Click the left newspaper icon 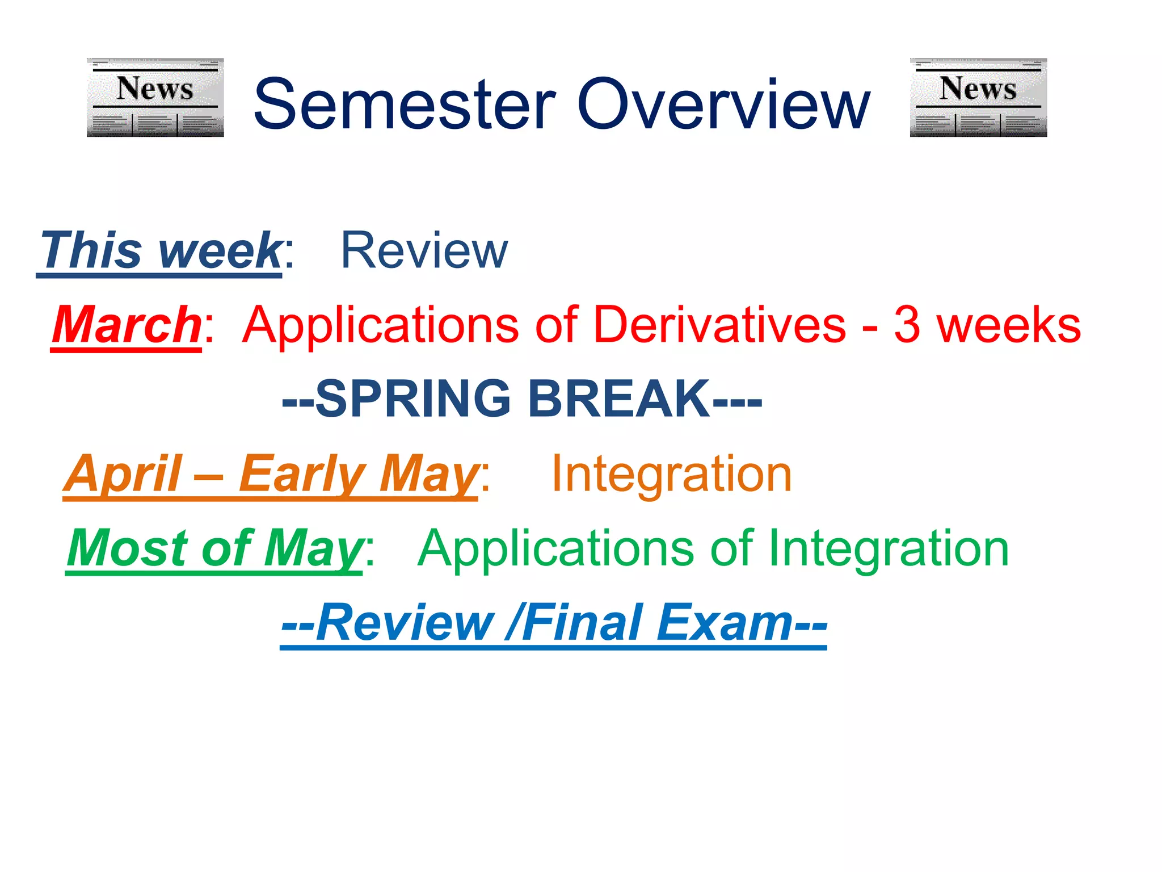coord(155,97)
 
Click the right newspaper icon coord(978,97)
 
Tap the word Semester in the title coord(405,105)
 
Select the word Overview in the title coord(723,105)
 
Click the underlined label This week coord(161,250)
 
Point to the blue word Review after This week coord(424,250)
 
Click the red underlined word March coord(126,325)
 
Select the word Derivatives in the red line coord(719,325)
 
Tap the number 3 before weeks coord(907,325)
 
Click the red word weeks coord(1008,325)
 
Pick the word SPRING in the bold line coord(413,399)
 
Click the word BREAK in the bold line coord(618,399)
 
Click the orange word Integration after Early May coord(671,475)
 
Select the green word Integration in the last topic coord(889,550)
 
